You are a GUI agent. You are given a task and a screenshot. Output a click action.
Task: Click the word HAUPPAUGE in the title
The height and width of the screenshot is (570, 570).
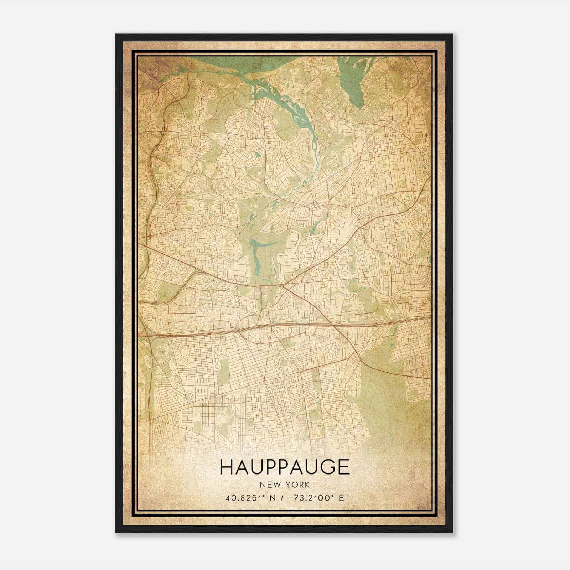click(x=285, y=467)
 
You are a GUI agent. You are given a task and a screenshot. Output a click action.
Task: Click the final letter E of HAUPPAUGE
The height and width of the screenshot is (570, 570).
click(x=344, y=467)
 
